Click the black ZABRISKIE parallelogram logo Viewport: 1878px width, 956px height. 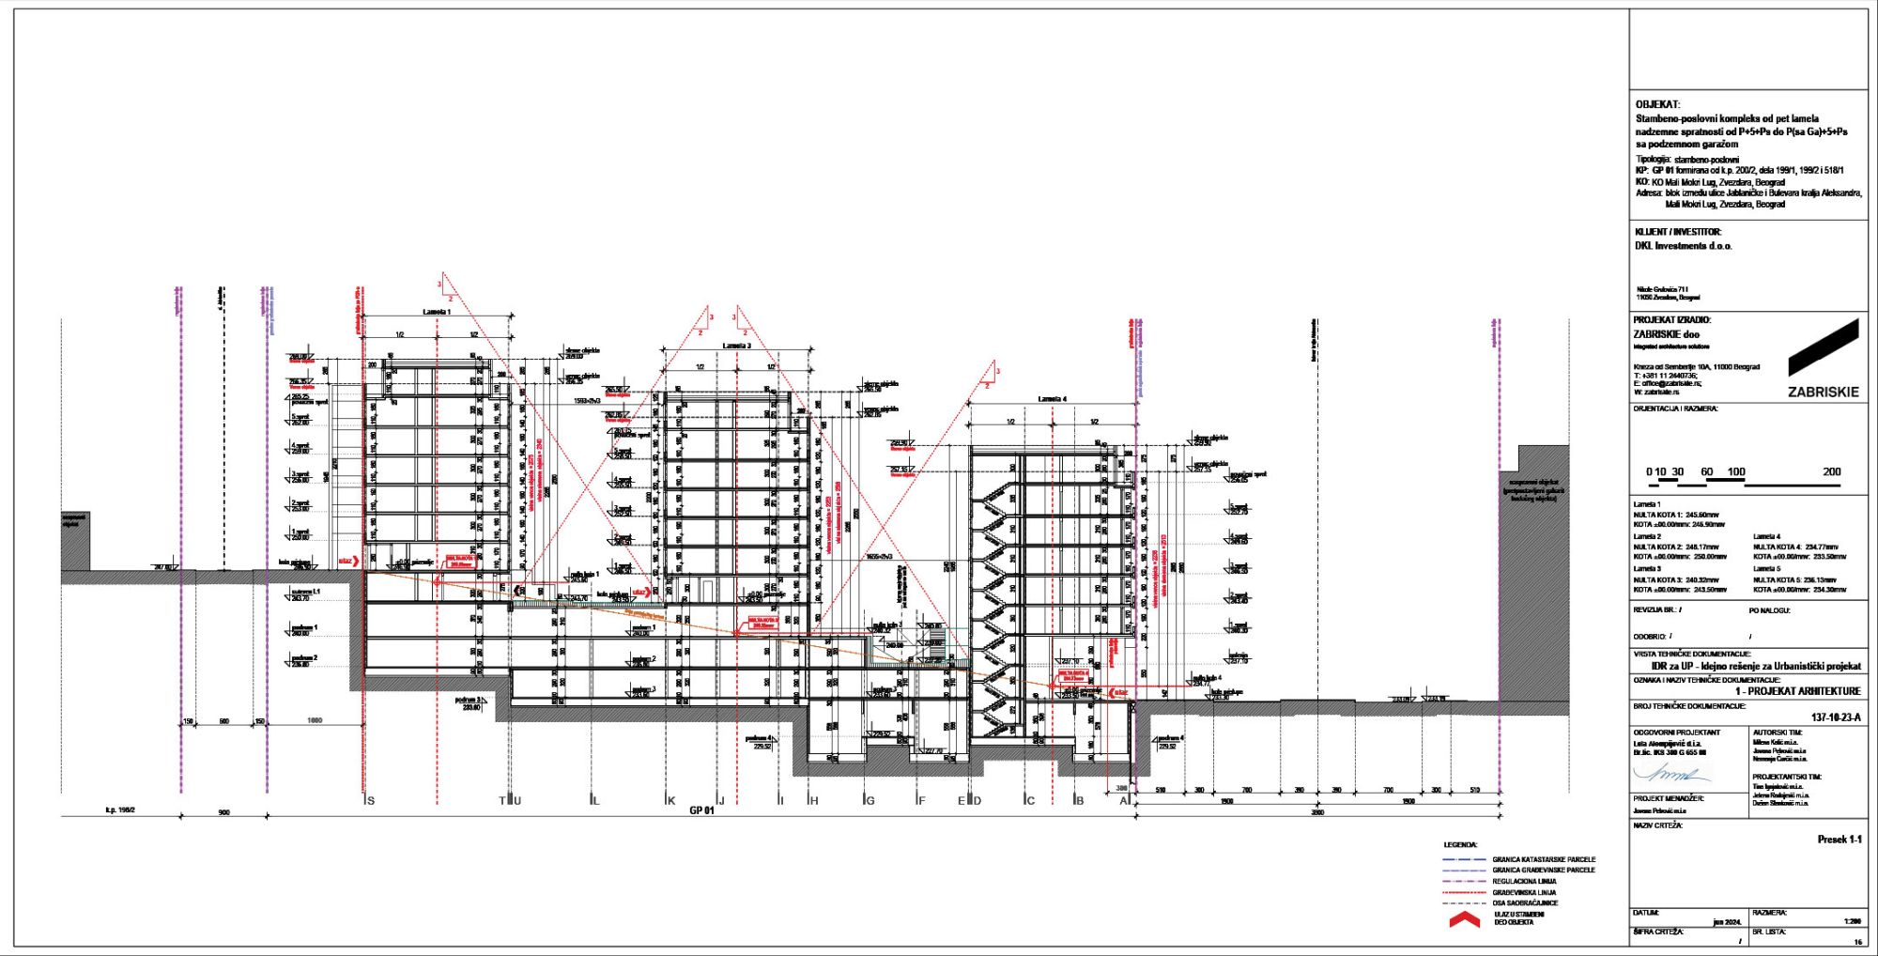pos(1824,347)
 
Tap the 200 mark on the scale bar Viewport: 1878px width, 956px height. pos(1831,472)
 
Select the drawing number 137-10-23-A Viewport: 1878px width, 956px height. pos(1835,717)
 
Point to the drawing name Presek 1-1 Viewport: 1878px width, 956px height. pos(1839,840)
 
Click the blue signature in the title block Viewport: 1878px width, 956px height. pos(1671,775)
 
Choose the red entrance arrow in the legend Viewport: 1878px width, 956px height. pos(1464,920)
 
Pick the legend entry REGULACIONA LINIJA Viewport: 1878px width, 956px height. pos(1524,882)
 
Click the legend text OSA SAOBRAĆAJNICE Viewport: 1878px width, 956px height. pos(1525,903)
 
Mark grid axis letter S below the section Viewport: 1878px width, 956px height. pos(371,801)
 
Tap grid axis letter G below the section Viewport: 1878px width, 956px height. pos(870,801)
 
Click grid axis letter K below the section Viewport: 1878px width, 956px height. pos(671,801)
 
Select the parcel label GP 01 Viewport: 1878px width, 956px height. pos(701,810)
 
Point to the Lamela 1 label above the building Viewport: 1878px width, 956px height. pos(437,312)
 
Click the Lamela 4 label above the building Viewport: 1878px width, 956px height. pos(1052,399)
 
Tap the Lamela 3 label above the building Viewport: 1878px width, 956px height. pos(736,346)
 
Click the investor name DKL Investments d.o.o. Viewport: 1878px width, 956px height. pos(1683,246)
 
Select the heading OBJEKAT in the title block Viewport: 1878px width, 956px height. pos(1657,105)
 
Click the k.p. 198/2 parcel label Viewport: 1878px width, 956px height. pos(120,810)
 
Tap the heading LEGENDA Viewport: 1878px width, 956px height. pos(1460,845)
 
